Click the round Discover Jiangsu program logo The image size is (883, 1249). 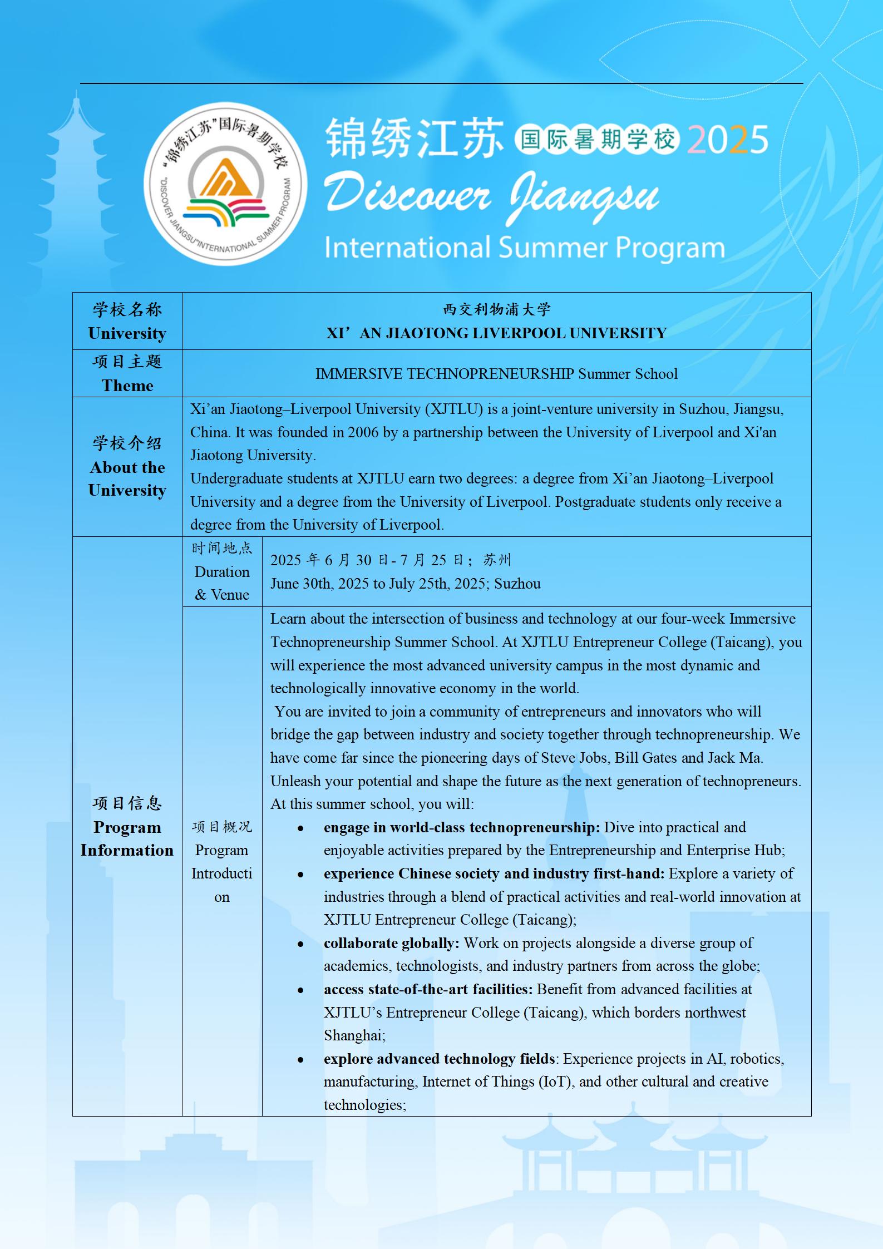pos(225,184)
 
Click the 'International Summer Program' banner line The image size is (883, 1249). pos(524,248)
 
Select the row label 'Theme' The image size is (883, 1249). pos(127,385)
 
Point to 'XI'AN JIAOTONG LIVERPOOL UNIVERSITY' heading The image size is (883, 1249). pos(496,333)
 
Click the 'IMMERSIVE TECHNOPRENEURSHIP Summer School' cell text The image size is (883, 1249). pos(496,374)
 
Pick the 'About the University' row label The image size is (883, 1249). pos(127,478)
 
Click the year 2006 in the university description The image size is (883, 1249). pos(363,432)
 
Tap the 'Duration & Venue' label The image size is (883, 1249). pos(222,583)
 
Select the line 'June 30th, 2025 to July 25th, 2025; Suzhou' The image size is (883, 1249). pos(405,584)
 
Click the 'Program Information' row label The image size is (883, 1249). pos(127,838)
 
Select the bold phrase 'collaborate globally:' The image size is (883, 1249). pos(391,943)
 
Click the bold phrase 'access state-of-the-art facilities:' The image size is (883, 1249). pos(428,989)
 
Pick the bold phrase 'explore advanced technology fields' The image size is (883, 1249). pos(440,1059)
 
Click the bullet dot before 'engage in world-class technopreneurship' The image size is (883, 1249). pos(300,828)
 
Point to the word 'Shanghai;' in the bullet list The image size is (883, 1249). pos(354,1035)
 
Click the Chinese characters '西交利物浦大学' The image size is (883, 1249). pos(496,309)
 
